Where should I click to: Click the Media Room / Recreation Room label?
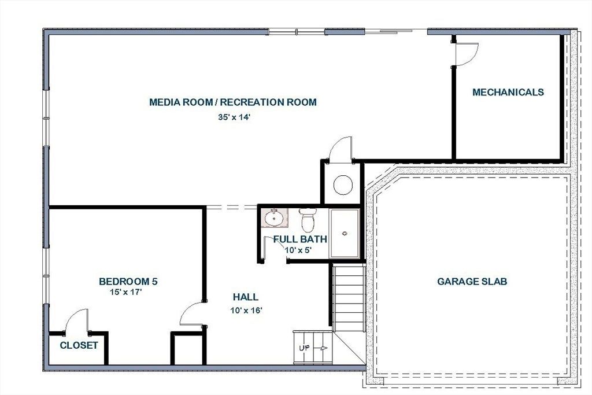tap(233, 102)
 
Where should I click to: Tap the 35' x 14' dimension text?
tap(234, 117)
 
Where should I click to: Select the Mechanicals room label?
tap(508, 92)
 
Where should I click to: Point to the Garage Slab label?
tap(472, 281)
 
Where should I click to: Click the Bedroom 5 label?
tap(128, 281)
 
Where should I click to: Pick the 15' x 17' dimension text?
tap(125, 292)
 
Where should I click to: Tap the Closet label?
tap(79, 345)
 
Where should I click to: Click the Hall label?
tap(246, 297)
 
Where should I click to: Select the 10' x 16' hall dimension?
tap(246, 311)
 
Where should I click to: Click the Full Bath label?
tap(300, 239)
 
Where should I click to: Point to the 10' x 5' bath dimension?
tap(298, 250)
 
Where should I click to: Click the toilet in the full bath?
tap(308, 220)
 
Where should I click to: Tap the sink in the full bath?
tap(275, 218)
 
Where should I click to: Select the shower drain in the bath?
tap(345, 234)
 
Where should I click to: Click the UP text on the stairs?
tap(304, 348)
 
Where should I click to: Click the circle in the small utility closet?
tap(343, 185)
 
